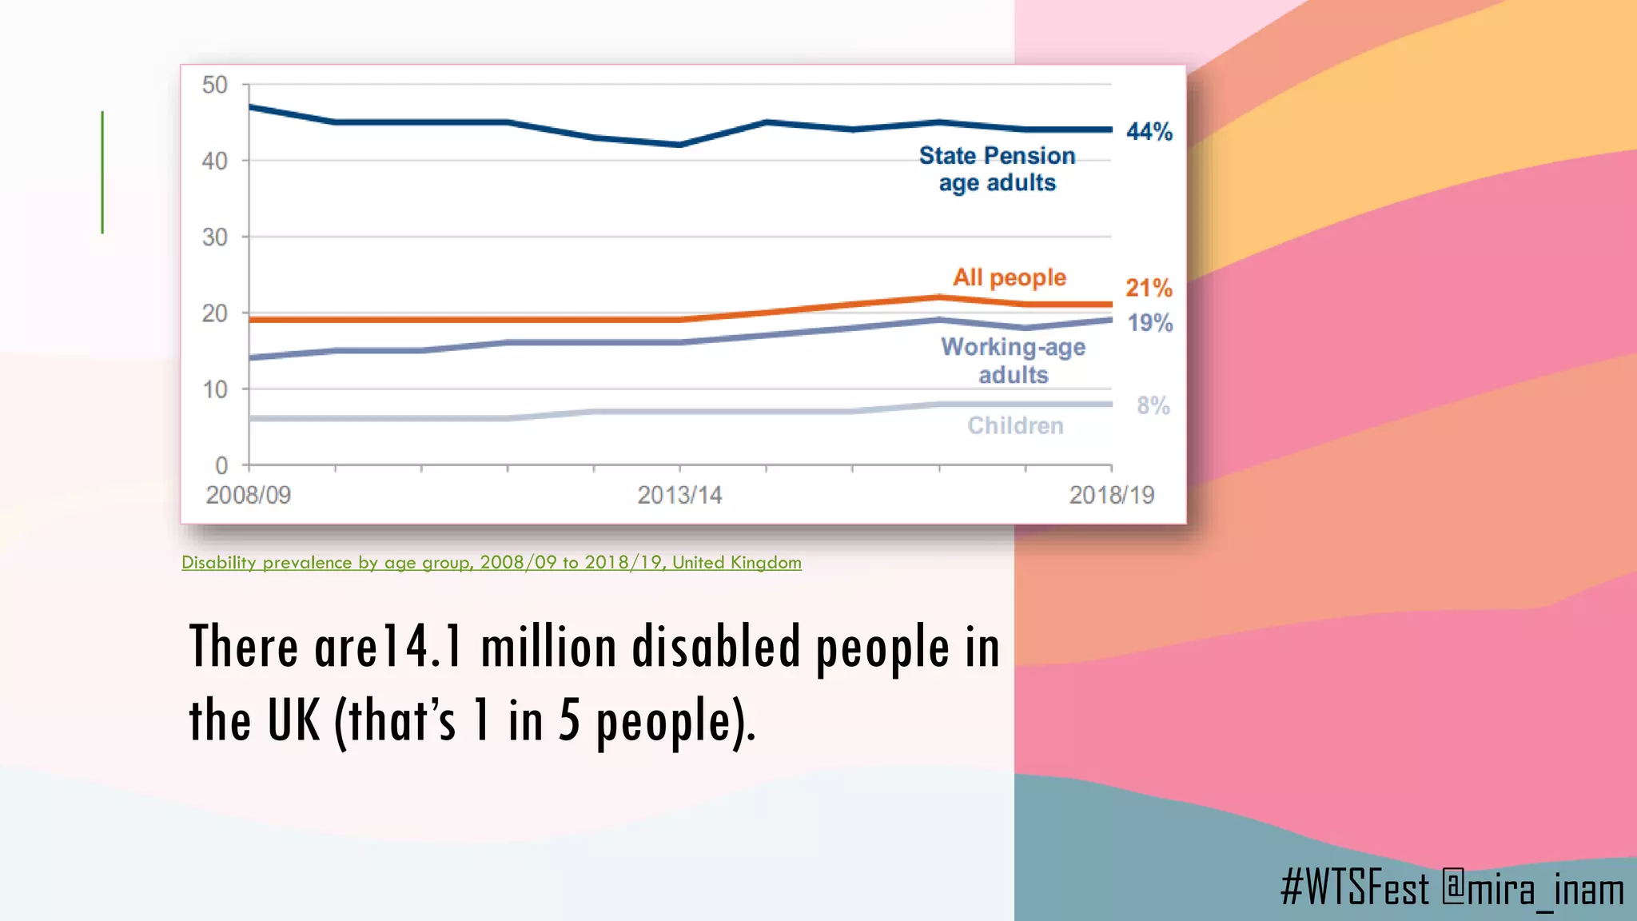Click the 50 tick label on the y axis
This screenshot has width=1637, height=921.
pos(214,85)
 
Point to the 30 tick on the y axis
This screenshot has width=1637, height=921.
pos(214,237)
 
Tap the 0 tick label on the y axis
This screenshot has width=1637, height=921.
pos(221,465)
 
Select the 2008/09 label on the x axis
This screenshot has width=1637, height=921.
pos(249,496)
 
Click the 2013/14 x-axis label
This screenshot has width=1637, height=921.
pos(679,496)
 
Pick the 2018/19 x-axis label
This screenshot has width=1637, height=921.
pos(1112,496)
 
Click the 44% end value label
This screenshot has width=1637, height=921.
pos(1149,132)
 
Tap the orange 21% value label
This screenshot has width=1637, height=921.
pos(1149,288)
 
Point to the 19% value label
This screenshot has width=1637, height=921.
pos(1150,323)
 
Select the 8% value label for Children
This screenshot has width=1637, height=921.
pos(1153,406)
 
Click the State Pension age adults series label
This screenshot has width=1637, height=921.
pos(998,169)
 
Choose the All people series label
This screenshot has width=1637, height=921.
pos(1010,277)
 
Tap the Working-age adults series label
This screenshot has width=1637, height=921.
pos(1014,361)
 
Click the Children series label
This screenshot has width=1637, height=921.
pos(1015,426)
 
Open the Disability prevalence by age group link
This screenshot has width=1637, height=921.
pos(491,563)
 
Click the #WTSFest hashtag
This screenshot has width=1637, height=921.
pos(1355,888)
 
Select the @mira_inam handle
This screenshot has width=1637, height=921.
pos(1533,888)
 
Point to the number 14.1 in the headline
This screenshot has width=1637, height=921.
pos(421,646)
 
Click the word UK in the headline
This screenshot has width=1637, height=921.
pos(293,720)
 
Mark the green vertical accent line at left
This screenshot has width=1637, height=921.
pos(102,172)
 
